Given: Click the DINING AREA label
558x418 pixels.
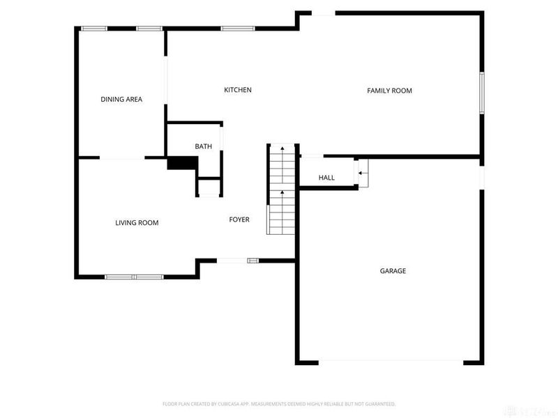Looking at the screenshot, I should coord(121,100).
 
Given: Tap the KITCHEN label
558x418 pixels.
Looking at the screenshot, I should coord(237,90).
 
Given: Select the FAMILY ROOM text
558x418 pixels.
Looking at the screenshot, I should coord(390,91).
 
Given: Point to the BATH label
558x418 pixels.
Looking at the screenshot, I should coord(203,146).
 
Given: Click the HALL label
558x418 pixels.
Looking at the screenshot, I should coord(326,178).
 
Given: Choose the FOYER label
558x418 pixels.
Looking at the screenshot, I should coord(239,219).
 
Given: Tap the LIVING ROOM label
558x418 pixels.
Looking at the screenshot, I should coord(137,223).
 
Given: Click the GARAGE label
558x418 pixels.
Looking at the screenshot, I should coord(393,271).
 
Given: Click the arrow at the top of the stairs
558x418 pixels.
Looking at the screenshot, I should coord(282,148).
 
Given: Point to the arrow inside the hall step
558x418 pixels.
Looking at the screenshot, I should coord(361,172).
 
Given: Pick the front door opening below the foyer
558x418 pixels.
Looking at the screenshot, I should coord(233,261).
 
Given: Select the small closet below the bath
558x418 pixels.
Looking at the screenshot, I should coord(209,187).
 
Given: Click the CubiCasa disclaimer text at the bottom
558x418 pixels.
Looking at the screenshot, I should coord(279,403).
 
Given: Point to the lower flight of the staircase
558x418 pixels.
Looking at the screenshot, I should coord(282,212).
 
